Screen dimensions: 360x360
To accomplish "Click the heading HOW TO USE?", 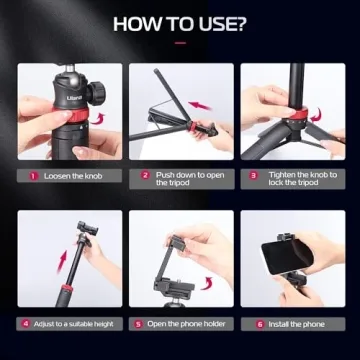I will (x=180, y=24).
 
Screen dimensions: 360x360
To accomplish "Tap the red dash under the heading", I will (x=180, y=43).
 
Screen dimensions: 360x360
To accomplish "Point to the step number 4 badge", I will (x=25, y=324).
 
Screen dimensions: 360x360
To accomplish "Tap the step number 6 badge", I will (x=260, y=324).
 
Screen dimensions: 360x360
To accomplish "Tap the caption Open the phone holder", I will (x=186, y=324).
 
